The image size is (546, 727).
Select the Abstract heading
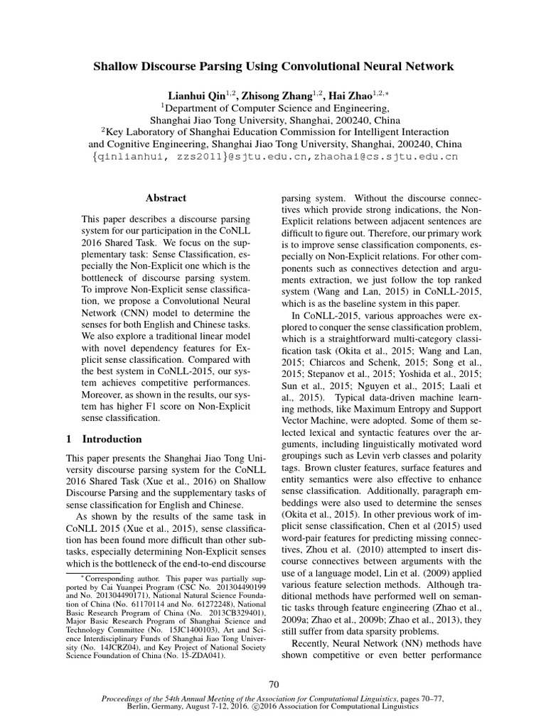166,199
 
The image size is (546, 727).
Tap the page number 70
274,684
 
